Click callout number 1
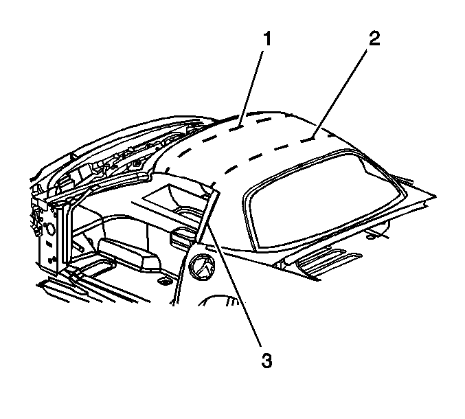click(267, 39)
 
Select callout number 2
click(374, 39)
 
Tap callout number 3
click(266, 361)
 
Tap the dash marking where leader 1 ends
click(236, 128)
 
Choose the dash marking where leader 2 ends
click(308, 139)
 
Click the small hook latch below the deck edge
click(372, 235)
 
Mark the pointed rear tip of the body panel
click(435, 196)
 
